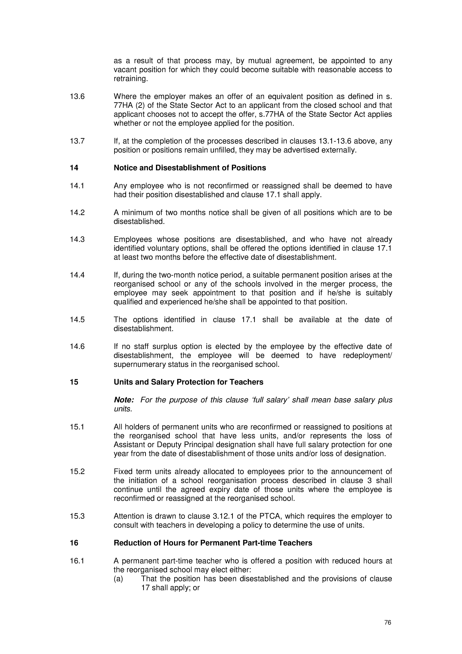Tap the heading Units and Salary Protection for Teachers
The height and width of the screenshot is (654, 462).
pyautogui.click(x=188, y=382)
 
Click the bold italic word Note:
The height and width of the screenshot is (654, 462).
pyautogui.click(x=124, y=400)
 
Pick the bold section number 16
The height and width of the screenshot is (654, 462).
pyautogui.click(x=74, y=543)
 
